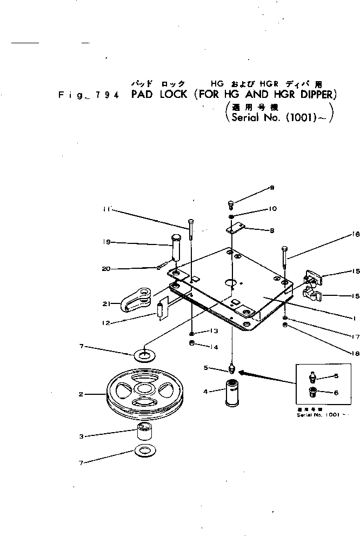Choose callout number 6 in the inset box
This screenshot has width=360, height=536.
336,392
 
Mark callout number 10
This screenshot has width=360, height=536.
273,209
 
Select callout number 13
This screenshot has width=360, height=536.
214,330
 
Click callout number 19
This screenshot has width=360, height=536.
108,242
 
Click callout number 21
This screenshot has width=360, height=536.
107,303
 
